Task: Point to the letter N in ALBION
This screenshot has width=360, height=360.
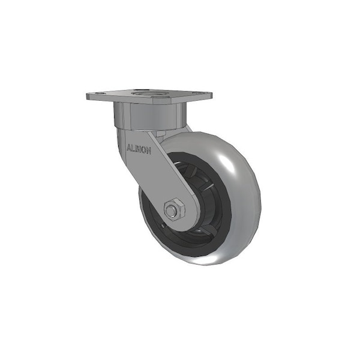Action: click(x=149, y=151)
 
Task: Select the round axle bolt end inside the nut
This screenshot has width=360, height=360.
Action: click(x=171, y=211)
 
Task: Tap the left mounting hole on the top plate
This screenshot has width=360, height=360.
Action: click(x=99, y=94)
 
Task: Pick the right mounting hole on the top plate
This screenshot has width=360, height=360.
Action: click(x=196, y=94)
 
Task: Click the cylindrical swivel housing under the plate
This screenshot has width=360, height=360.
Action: click(x=149, y=116)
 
